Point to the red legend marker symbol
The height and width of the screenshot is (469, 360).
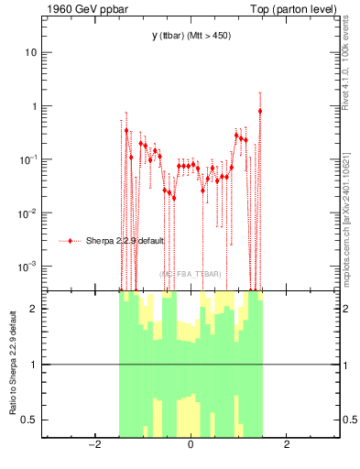[71, 242]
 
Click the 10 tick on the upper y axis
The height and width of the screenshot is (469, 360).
[30, 52]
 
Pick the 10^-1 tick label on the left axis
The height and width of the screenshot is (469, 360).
[28, 159]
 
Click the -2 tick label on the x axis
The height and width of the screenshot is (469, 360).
[94, 445]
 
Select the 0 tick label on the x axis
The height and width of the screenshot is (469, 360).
[191, 445]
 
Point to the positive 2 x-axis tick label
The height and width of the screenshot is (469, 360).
[287, 445]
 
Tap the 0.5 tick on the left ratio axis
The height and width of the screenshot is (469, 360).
[28, 420]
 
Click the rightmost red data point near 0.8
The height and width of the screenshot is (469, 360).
[260, 111]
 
